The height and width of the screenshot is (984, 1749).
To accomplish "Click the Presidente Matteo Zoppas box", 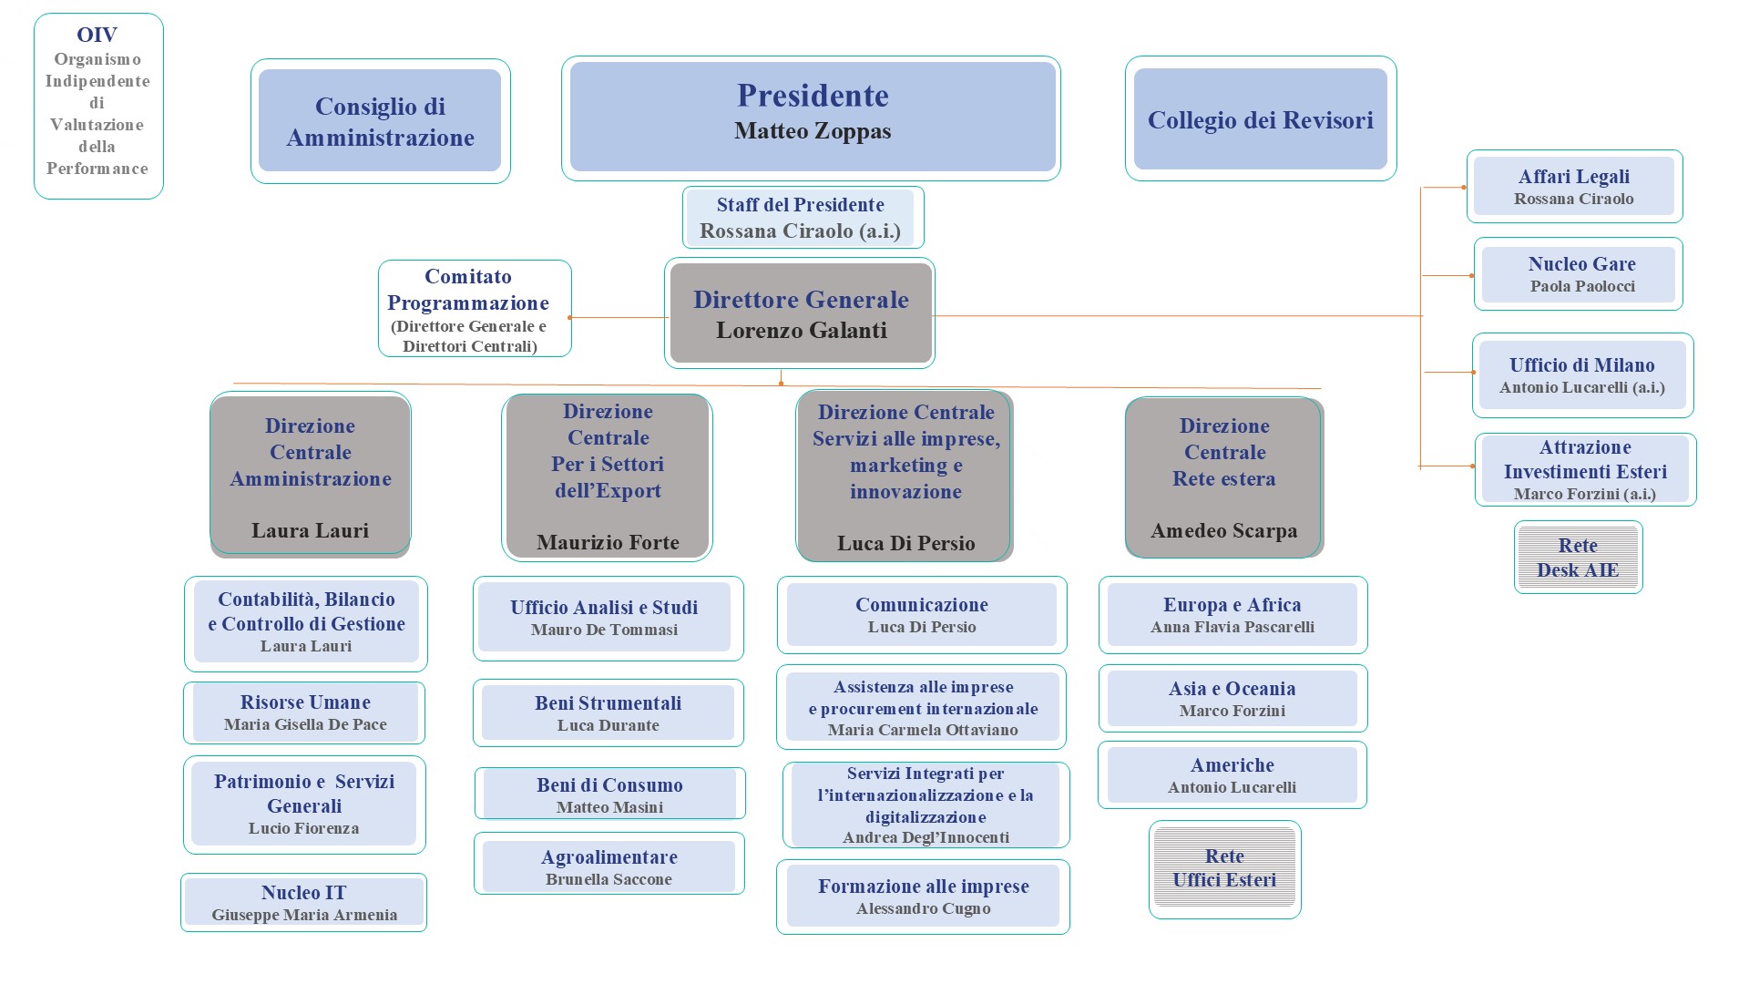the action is [811, 118].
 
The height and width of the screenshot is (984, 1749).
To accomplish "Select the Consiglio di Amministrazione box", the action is [381, 121].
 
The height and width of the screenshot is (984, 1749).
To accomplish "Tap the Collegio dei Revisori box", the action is [1261, 118].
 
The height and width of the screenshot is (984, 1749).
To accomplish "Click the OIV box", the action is [98, 106].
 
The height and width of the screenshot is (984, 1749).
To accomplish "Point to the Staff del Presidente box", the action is [803, 218].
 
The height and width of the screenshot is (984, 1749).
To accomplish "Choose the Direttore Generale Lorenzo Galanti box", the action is [800, 313].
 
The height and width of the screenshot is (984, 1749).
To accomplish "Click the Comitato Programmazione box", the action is [475, 309].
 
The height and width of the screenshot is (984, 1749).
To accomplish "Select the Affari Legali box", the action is [1574, 187].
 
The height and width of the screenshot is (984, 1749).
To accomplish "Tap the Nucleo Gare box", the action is [1579, 274].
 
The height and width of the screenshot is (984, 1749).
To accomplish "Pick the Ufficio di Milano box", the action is [1583, 375].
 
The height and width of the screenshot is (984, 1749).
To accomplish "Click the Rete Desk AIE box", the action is [1579, 558].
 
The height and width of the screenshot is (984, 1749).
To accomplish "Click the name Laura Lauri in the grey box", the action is [311, 531].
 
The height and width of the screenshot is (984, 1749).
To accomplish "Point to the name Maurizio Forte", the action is [608, 543].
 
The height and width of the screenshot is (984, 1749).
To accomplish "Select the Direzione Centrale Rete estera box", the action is [1224, 477].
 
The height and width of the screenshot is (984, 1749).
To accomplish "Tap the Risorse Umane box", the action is [304, 713].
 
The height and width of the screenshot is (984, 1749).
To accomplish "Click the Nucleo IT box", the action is [303, 903].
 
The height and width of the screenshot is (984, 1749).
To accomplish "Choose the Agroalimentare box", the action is [609, 864].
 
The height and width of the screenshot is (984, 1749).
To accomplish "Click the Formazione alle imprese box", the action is [923, 897].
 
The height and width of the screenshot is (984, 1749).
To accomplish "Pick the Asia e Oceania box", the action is [1232, 699].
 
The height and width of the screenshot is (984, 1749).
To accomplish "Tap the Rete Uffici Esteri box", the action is [1225, 869].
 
